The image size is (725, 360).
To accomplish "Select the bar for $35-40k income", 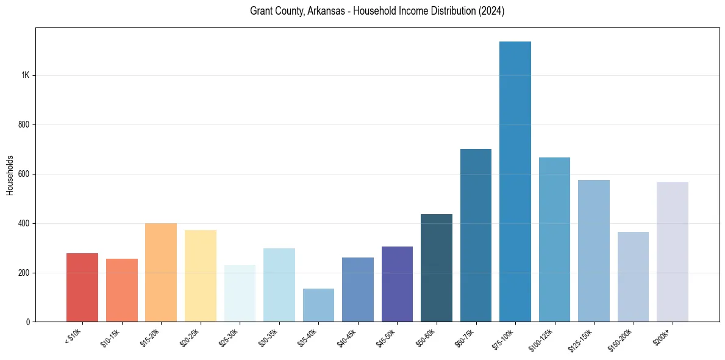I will click(318, 305).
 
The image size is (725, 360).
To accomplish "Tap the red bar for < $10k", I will click(82, 287).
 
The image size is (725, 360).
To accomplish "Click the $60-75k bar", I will click(476, 235).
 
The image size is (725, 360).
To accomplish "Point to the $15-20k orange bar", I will click(161, 272).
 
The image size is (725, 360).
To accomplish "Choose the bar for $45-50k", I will click(397, 284).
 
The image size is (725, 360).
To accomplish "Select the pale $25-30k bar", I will click(240, 293).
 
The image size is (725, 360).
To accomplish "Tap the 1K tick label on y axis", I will click(25, 75).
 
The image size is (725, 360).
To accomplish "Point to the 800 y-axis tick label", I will click(23, 124).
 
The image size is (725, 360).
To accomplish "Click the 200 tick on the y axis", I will click(23, 273).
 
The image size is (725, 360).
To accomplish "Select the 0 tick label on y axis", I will click(28, 322).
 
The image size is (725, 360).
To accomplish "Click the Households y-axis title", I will click(10, 175).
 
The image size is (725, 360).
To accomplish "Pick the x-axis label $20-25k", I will click(188, 335).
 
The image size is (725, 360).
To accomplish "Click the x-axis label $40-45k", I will click(346, 335).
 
